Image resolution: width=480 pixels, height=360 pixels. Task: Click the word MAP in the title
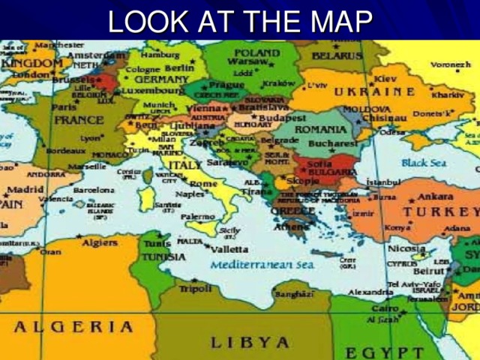tap(337, 22)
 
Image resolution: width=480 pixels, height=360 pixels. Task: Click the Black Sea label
tap(424, 162)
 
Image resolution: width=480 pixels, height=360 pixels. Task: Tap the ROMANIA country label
tap(321, 130)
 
